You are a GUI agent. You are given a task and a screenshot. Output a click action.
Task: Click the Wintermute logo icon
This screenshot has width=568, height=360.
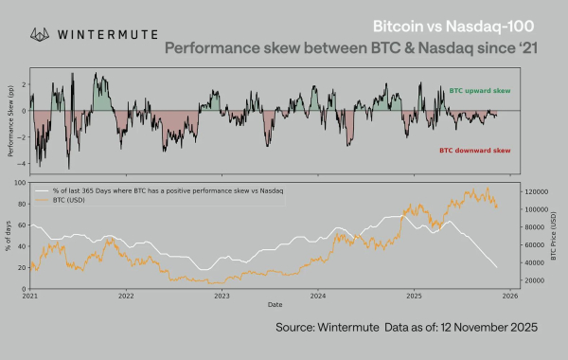point(41,34)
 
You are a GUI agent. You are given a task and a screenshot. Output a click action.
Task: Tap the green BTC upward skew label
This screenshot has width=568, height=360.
point(480,87)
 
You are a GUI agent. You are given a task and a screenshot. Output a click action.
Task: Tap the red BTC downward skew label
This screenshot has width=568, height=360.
point(475,150)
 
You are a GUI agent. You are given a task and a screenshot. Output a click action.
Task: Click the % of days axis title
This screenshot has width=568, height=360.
point(9,236)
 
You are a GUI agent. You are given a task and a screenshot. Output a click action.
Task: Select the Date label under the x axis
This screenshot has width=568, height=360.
point(274,304)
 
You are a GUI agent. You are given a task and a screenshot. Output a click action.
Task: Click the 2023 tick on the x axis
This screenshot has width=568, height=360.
point(222,296)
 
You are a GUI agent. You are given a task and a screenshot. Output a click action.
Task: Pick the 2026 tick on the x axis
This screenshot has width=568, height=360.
point(508,296)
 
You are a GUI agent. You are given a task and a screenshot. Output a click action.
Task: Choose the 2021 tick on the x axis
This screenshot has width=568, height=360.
point(30,296)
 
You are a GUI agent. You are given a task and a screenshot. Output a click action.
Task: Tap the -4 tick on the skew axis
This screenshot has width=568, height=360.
point(22,165)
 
